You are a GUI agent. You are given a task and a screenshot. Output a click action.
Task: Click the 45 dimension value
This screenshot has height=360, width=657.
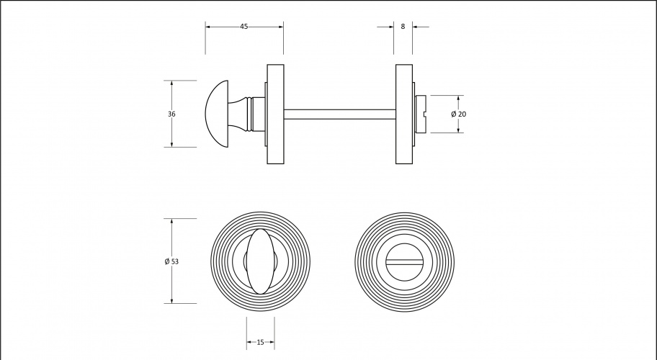click(x=244, y=27)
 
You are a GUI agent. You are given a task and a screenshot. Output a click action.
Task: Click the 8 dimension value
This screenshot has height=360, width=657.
click(x=403, y=27)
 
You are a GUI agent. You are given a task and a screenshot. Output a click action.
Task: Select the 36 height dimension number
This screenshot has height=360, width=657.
click(x=171, y=114)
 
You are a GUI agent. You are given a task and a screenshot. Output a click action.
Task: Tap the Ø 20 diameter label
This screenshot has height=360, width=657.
click(x=458, y=114)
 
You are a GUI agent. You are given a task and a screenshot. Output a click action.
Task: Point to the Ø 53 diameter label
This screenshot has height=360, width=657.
click(x=171, y=261)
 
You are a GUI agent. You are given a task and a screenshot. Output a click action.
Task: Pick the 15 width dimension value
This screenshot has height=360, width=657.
click(x=260, y=343)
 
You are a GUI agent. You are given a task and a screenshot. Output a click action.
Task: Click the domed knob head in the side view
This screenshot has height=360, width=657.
click(x=217, y=114)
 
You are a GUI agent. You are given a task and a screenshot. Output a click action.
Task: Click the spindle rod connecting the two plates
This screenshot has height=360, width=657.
click(x=340, y=114)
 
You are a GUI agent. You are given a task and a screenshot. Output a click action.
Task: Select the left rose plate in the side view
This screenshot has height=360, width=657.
click(x=275, y=114)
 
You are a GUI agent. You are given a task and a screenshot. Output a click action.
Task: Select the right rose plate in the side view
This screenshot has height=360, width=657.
click(x=404, y=114)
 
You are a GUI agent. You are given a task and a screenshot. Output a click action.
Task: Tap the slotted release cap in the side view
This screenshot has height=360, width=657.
click(x=420, y=114)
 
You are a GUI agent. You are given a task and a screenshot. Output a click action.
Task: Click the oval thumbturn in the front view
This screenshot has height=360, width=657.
click(x=260, y=261)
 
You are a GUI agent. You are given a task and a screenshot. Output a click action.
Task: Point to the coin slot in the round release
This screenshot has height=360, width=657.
click(x=404, y=261)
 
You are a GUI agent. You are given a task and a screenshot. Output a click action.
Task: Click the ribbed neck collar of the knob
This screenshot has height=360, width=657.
click(x=251, y=114)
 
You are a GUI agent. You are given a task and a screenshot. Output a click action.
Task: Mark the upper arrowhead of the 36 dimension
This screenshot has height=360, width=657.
click(x=171, y=84)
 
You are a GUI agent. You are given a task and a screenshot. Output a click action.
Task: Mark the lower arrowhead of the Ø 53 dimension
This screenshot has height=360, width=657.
click(x=171, y=300)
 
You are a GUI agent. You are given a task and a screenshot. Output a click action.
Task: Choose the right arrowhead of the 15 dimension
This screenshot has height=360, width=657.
click(x=271, y=343)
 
